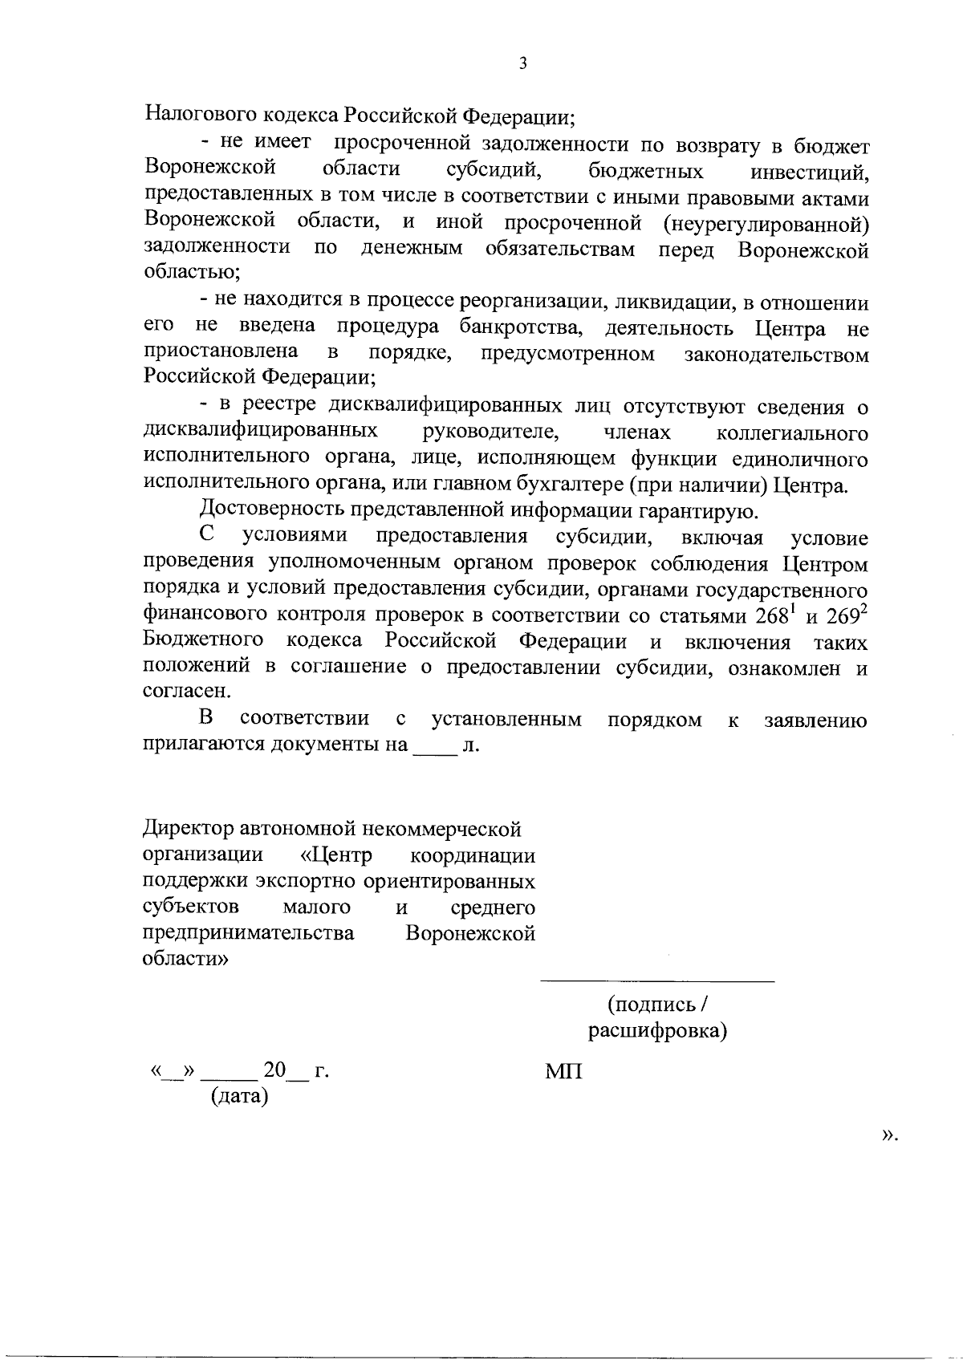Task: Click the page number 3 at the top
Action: click(x=522, y=63)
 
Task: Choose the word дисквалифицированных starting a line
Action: click(x=260, y=432)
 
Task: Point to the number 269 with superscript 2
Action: click(x=846, y=615)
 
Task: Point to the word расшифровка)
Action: click(x=657, y=1030)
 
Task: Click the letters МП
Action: click(x=563, y=1071)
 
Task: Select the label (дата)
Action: click(x=238, y=1095)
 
